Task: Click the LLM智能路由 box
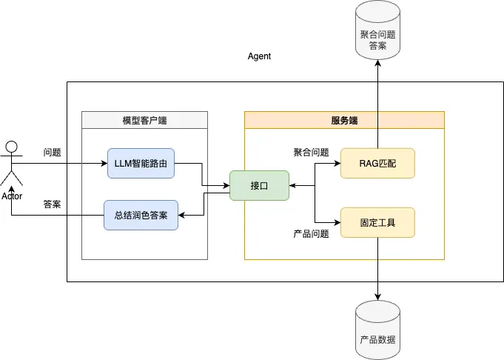click(141, 163)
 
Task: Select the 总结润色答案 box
click(141, 215)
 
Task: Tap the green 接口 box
click(259, 185)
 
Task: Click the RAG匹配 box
click(377, 163)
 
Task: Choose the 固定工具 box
click(377, 222)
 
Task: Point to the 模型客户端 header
click(144, 120)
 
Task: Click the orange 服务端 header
click(344, 120)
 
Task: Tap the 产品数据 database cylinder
click(377, 330)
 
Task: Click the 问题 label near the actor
click(52, 153)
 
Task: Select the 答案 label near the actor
click(52, 204)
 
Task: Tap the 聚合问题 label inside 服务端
click(311, 153)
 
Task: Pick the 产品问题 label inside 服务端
click(311, 234)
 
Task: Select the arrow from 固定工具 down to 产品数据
click(378, 267)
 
